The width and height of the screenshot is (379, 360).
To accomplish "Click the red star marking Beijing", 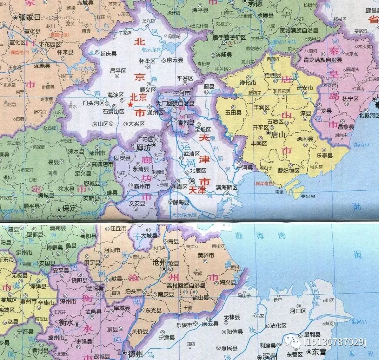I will click(x=130, y=104).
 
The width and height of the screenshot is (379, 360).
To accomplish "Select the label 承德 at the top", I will click(x=255, y=4).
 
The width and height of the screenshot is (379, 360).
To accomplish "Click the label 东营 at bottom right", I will click(x=319, y=351).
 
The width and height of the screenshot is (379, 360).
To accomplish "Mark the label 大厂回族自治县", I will click(x=175, y=103).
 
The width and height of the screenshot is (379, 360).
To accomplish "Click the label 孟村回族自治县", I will click(x=186, y=286).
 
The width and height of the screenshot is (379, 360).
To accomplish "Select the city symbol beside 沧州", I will click(x=164, y=269).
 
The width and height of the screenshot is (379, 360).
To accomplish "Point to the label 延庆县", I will click(x=108, y=54).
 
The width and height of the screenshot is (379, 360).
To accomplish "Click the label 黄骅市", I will click(x=206, y=255).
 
